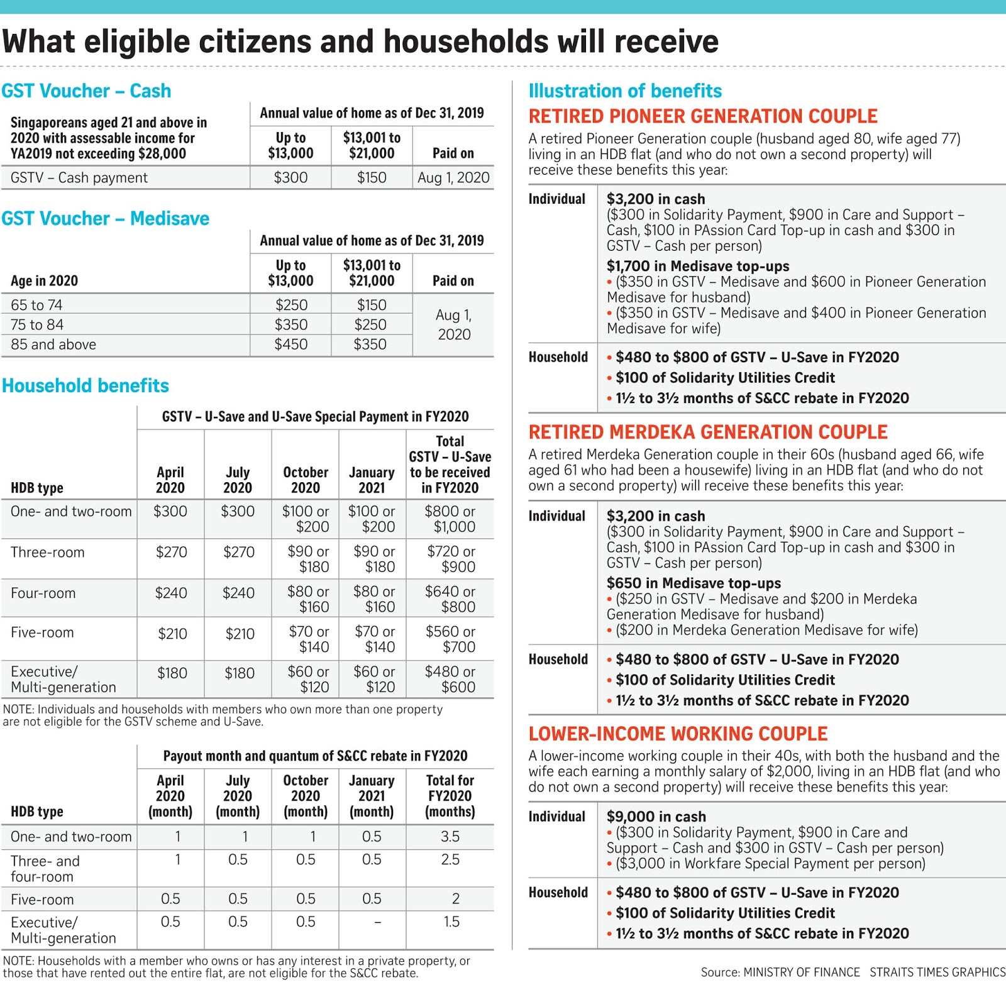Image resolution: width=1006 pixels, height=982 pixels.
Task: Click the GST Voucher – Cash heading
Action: coord(86,91)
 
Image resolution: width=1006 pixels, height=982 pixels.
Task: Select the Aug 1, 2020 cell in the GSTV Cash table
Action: coord(453,178)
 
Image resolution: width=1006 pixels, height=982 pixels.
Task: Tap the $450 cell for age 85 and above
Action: coord(290,345)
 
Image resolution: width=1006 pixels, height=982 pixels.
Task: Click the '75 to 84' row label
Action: coord(37,325)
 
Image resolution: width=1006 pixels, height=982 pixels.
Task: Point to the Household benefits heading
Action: coord(86,385)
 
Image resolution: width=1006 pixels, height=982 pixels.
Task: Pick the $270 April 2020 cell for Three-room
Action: coord(171,552)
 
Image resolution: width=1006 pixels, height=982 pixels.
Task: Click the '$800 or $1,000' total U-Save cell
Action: coord(450,519)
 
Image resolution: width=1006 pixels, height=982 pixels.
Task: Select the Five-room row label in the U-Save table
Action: coord(42,632)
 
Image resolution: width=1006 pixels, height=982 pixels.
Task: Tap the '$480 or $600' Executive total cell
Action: coord(450,679)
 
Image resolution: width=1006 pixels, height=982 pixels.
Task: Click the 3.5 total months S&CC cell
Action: coord(450,837)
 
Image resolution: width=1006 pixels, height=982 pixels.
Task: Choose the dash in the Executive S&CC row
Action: coord(377,922)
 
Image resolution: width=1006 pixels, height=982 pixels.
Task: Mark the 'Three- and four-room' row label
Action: coord(45,868)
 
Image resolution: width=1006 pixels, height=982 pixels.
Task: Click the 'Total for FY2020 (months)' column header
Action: coord(450,796)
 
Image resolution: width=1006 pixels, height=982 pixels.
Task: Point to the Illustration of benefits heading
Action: coord(625,91)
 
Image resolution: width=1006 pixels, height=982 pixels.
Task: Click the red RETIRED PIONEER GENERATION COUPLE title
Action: coord(703,116)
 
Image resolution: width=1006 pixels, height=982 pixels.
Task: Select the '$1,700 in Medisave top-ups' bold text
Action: coord(698,266)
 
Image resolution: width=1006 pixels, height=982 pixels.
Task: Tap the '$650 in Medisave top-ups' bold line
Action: coord(694,583)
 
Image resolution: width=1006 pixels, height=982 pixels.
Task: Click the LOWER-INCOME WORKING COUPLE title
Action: coord(678,734)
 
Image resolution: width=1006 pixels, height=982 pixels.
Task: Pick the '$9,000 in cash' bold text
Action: coord(656,817)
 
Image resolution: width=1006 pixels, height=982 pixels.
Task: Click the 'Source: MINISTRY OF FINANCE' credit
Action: coord(780,972)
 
